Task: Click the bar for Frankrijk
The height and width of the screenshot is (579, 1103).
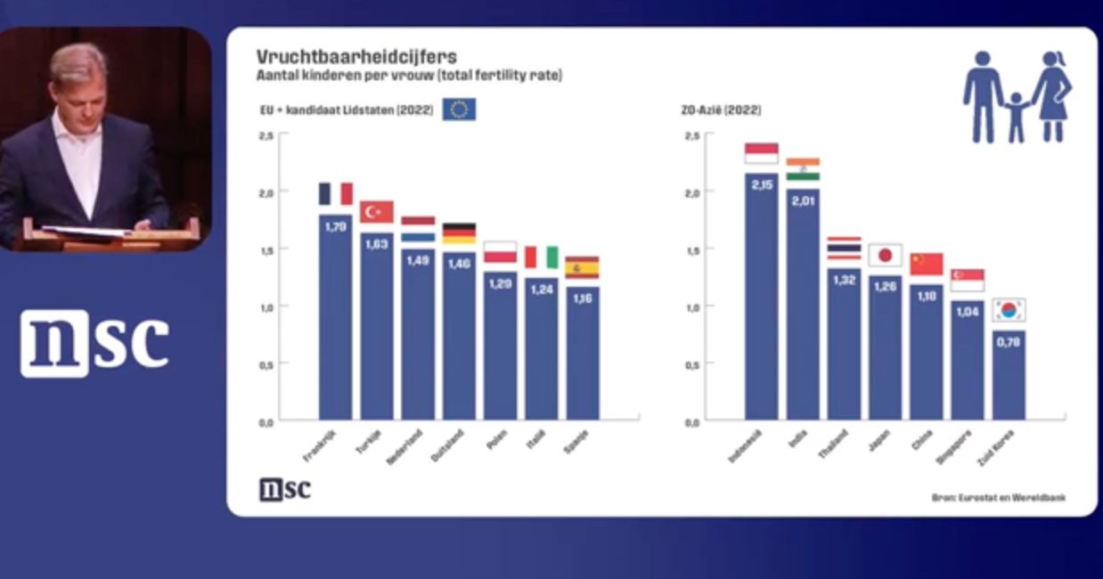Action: pos(335,316)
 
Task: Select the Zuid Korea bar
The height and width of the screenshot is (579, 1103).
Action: pos(1009,374)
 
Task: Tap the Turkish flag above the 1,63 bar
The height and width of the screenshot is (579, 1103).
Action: pos(377,212)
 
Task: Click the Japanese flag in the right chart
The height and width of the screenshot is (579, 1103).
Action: pos(885,256)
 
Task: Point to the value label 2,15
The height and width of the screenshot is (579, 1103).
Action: pos(762,185)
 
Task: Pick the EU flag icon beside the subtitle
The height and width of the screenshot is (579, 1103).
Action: pos(459,110)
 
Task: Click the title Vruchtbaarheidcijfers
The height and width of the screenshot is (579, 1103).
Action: pos(356,57)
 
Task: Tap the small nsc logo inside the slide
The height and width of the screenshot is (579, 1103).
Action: pos(285,489)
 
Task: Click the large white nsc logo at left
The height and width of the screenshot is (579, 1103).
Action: pos(94,343)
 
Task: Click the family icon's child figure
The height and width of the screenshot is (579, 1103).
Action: pos(1015,116)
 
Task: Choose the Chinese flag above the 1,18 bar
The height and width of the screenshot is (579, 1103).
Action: pos(926,265)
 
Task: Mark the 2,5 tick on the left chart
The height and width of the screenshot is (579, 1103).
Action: pos(266,135)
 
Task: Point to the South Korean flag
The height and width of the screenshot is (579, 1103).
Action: pos(1009,310)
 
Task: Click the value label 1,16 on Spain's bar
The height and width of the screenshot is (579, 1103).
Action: pos(582,298)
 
